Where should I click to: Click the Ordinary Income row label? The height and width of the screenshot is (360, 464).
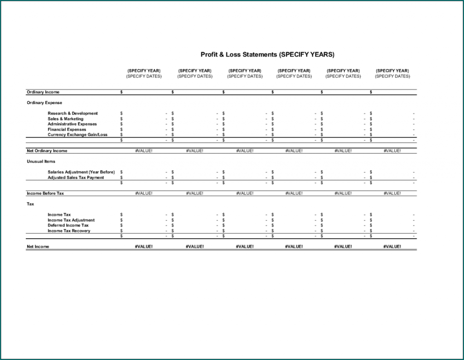click(43, 92)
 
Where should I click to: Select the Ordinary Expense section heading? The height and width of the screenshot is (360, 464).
click(44, 103)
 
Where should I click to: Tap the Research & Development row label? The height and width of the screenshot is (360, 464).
click(72, 113)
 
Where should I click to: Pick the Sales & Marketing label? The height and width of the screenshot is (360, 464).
click(66, 119)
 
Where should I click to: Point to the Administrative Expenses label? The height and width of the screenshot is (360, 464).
click(72, 124)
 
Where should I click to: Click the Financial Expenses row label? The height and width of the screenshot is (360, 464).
click(67, 130)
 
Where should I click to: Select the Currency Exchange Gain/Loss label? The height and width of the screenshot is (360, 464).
click(77, 135)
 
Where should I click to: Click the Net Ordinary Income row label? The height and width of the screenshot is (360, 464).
click(47, 151)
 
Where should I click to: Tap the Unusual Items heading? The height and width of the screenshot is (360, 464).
click(41, 161)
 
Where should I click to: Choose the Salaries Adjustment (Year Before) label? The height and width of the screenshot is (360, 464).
click(81, 172)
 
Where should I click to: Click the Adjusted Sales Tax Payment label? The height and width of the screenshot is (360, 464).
click(76, 178)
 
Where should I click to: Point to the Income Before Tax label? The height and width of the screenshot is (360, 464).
click(45, 193)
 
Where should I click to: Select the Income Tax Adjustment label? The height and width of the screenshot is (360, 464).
click(71, 220)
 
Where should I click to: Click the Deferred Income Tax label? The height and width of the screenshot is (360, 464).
click(68, 226)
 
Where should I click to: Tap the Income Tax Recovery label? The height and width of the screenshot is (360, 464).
click(69, 231)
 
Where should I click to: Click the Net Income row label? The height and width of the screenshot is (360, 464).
click(38, 247)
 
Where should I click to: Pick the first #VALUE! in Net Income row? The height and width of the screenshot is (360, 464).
click(144, 247)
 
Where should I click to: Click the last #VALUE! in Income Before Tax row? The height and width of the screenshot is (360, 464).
click(392, 193)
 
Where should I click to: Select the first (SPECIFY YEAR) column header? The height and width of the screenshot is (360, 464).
click(144, 71)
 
